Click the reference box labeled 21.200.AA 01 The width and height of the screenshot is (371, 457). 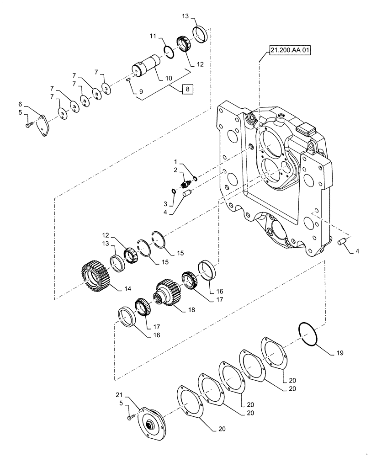click(287, 51)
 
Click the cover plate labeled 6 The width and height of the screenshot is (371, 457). click(44, 125)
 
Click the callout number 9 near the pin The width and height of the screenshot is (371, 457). click(141, 92)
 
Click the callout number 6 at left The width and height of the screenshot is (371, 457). click(20, 104)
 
